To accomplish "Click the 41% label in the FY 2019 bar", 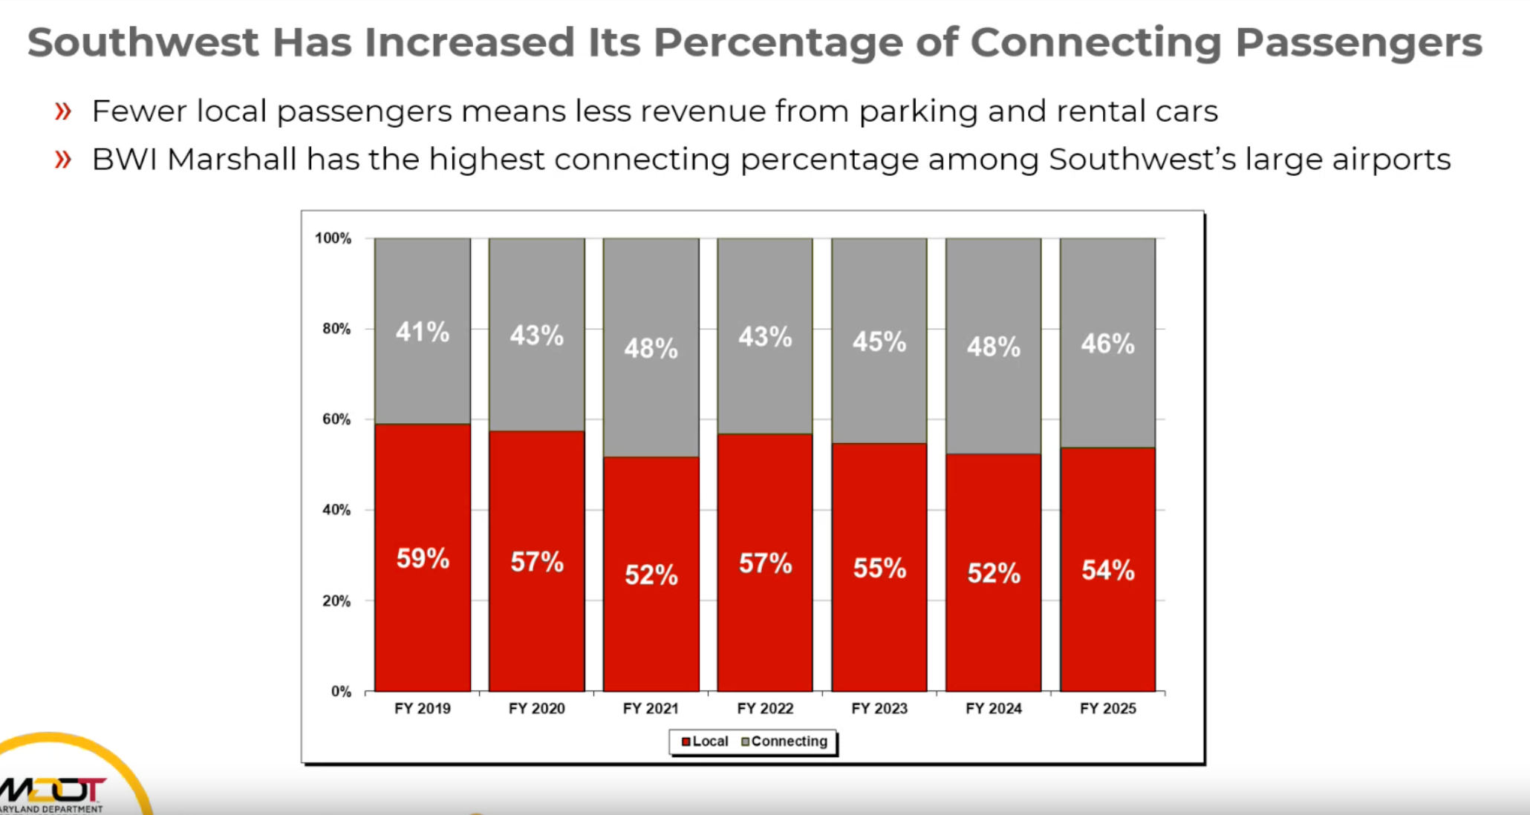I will click(x=422, y=332).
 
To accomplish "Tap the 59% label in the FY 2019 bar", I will click(x=422, y=558).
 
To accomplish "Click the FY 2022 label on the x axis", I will click(x=765, y=708).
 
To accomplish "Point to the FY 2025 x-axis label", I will click(x=1107, y=708).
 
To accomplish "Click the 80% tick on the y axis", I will click(x=336, y=329).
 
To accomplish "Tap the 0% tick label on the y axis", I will click(x=341, y=692).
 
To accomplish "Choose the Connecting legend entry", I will click(x=784, y=742).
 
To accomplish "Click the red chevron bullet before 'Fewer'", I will click(x=63, y=112).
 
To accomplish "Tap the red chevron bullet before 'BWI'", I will click(x=63, y=160).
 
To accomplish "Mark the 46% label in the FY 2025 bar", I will click(x=1107, y=344).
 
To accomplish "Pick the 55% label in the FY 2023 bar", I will click(x=879, y=568).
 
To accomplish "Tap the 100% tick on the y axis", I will click(x=333, y=238).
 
